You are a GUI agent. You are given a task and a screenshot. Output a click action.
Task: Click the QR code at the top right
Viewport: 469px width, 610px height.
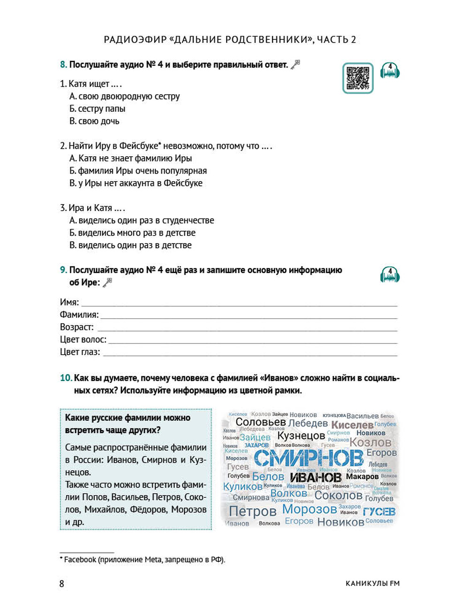click(358, 78)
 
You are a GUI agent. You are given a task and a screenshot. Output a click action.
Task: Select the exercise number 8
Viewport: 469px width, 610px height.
click(63, 65)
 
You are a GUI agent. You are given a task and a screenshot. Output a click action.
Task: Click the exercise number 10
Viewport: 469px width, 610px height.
click(66, 378)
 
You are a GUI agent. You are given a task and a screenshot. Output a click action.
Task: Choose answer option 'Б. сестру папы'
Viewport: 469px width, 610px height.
click(98, 109)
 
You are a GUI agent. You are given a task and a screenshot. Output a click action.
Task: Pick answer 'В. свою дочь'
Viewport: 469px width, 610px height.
click(94, 121)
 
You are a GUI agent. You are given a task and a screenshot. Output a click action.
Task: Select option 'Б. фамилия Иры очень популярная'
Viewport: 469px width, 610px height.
click(138, 171)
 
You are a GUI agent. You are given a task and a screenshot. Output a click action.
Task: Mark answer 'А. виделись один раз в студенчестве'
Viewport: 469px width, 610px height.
click(142, 221)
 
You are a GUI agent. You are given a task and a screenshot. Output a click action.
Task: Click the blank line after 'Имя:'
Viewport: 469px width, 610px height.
click(239, 303)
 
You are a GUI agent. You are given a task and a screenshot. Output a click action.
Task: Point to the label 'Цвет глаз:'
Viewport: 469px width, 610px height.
click(80, 352)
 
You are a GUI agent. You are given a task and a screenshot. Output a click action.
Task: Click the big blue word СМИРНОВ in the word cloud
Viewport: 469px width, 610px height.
click(309, 457)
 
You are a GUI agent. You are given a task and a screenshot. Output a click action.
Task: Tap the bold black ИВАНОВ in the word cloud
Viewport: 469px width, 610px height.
click(316, 478)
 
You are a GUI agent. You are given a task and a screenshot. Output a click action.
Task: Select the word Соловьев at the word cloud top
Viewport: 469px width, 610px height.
click(260, 422)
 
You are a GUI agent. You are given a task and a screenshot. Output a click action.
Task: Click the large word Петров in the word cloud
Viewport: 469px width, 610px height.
click(253, 511)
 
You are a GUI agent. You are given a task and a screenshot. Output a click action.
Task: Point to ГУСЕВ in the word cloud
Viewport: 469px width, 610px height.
click(379, 511)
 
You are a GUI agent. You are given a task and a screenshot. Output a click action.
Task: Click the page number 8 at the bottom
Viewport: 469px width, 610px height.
click(61, 584)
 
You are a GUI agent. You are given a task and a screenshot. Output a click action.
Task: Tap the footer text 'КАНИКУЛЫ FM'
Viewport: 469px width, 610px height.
click(372, 584)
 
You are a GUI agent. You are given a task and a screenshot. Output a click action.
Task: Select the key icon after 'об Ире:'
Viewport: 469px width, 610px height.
click(108, 282)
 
